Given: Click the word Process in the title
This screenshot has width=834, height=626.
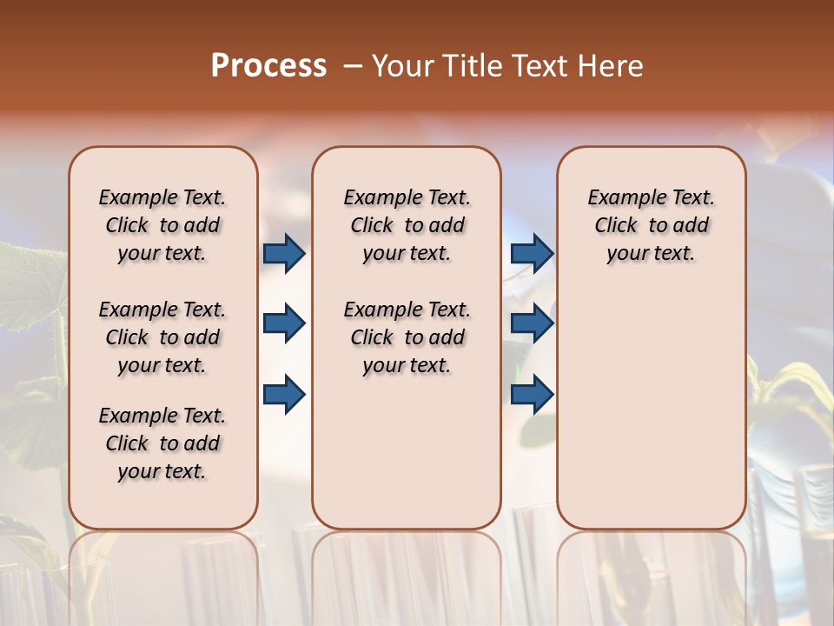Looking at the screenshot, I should click(268, 65).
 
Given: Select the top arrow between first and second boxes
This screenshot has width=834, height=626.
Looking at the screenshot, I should click(284, 253).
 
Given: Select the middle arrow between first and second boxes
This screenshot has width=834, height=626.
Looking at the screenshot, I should click(284, 323).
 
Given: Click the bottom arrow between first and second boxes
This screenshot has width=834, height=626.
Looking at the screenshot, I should click(284, 395).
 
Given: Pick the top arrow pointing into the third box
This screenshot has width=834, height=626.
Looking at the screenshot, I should click(532, 253).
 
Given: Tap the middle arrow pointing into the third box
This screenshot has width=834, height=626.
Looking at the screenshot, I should click(532, 323).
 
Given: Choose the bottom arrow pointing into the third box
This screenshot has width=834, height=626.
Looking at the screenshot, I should click(532, 395).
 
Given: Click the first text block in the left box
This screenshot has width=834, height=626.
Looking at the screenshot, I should click(162, 225).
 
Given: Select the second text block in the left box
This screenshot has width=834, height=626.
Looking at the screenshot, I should click(162, 337).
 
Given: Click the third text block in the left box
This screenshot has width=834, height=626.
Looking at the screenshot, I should click(162, 443).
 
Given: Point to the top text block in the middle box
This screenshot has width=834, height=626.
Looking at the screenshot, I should click(407, 225).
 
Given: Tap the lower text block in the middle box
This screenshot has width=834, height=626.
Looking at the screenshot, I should click(407, 337).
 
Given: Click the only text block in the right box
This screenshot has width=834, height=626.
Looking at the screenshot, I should click(651, 225).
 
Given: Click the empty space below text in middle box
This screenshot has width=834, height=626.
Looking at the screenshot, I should click(407, 452).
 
